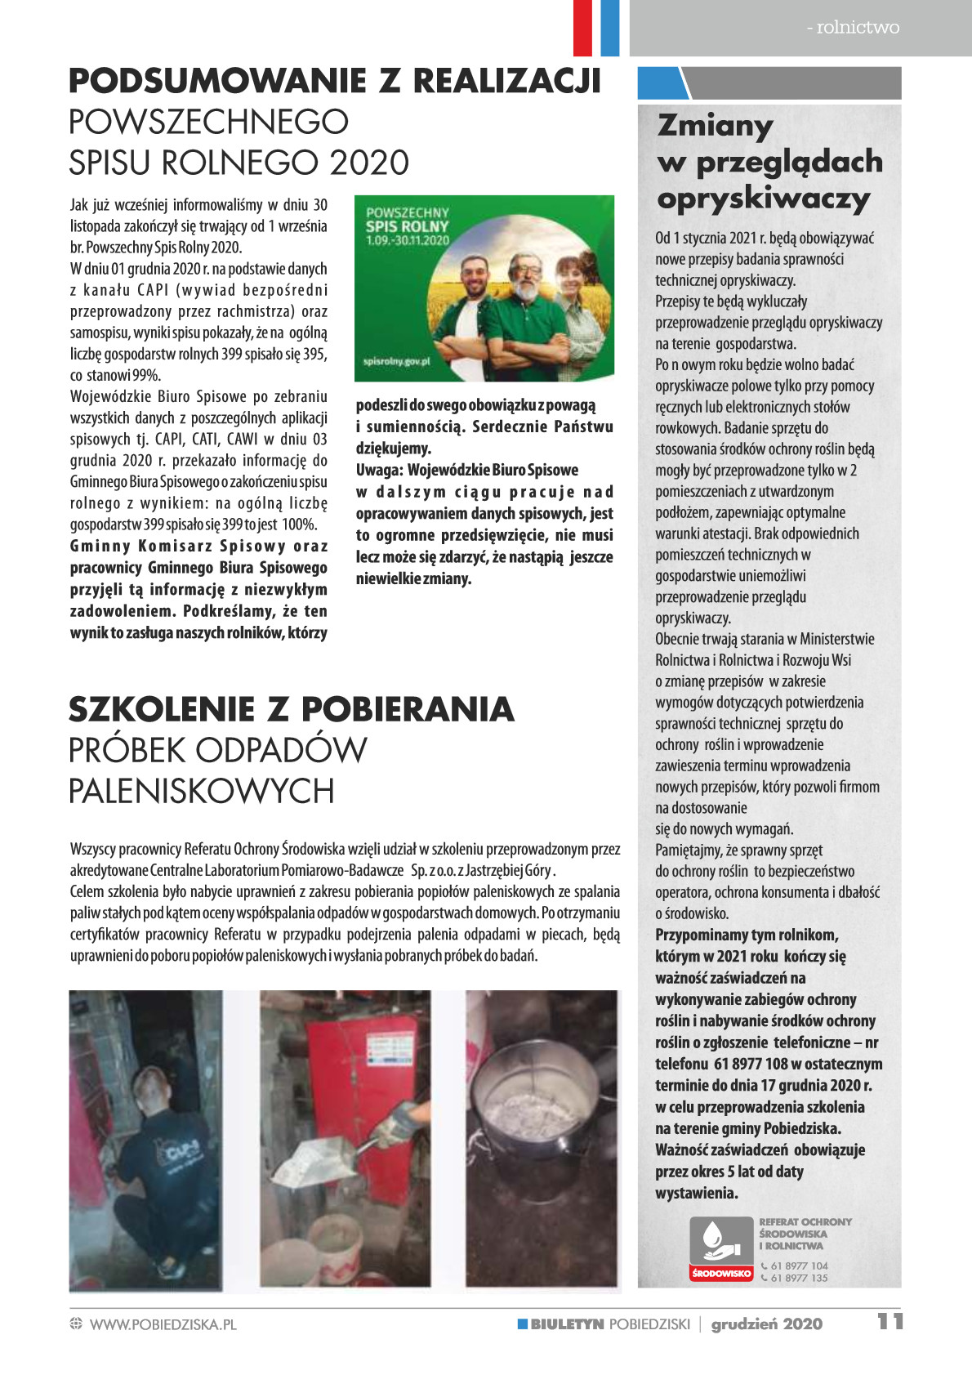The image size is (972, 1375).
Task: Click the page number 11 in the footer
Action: coord(890,1322)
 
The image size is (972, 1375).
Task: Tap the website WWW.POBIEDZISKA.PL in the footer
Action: coord(163,1324)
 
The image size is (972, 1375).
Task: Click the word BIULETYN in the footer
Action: coord(566,1324)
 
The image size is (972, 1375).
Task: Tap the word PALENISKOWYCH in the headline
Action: coord(202,791)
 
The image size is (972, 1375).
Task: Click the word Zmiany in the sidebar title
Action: coord(715,126)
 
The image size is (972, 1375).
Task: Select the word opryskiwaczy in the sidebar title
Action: coord(763,199)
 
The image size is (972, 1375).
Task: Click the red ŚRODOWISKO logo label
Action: coord(720,1274)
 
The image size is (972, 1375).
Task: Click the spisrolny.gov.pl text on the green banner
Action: coord(397,360)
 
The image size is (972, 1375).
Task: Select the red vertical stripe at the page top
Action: coord(582,28)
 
